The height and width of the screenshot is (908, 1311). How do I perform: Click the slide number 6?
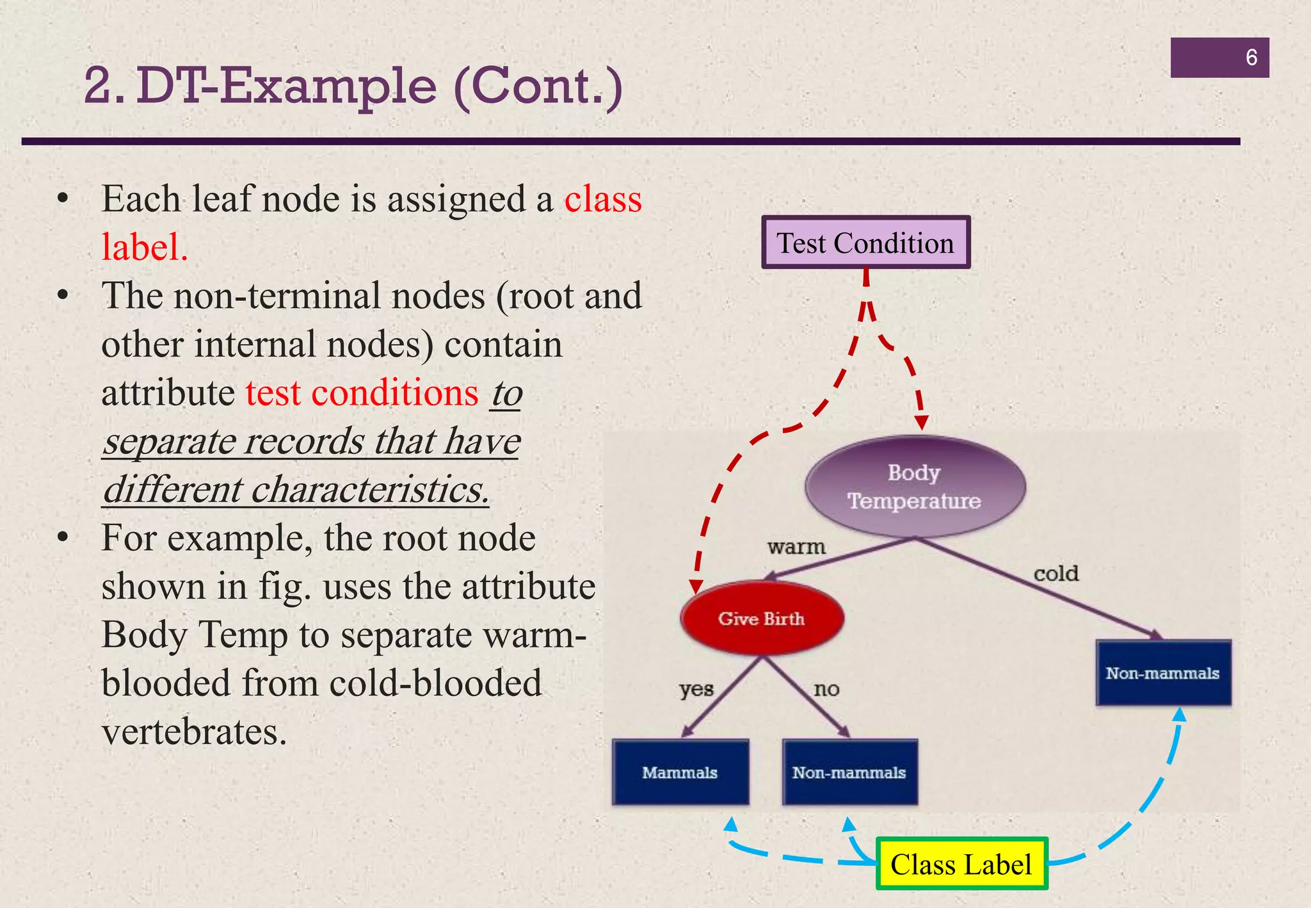click(x=1251, y=58)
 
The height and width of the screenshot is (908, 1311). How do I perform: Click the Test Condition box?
click(x=865, y=243)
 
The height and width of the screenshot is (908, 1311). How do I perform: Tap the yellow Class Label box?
click(x=961, y=864)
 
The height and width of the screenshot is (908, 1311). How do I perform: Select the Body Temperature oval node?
click(x=915, y=487)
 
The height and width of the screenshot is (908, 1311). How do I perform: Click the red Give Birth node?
click(x=761, y=619)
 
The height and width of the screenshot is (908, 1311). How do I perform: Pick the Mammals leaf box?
click(x=680, y=772)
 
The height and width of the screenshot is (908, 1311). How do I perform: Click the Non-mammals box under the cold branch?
click(x=1162, y=673)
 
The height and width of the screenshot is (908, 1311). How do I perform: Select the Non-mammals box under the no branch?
click(x=849, y=772)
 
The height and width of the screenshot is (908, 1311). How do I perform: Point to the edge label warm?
click(x=796, y=547)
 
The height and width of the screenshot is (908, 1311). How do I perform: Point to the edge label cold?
click(x=1056, y=573)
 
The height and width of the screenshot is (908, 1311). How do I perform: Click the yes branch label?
click(x=696, y=689)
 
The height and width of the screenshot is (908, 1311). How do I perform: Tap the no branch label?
click(x=826, y=689)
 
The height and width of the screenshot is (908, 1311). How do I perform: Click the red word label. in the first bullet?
click(x=145, y=247)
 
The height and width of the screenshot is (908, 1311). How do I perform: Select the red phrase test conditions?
click(x=362, y=393)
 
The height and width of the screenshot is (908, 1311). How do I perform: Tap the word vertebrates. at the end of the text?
click(x=194, y=731)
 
